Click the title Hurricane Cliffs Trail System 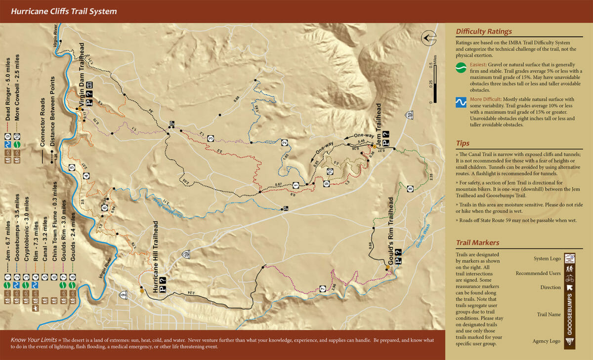(64, 11)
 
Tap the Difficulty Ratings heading (483, 32)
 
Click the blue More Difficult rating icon (461, 103)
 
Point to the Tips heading (463, 143)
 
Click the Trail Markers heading (477, 242)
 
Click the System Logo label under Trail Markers (547, 258)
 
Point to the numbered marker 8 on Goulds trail (410, 189)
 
